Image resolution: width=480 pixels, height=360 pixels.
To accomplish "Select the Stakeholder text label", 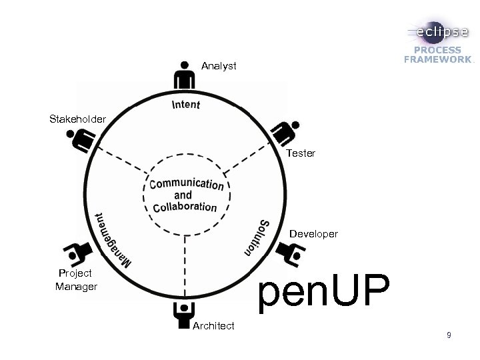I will click(77, 119).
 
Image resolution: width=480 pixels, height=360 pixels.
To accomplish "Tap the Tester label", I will click(301, 153).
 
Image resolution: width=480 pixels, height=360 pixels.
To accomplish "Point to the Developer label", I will click(313, 235).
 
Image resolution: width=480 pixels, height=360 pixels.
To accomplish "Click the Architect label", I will click(213, 325).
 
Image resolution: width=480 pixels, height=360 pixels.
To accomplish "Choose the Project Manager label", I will click(75, 279).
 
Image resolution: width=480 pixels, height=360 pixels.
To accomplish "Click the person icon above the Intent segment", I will click(184, 75).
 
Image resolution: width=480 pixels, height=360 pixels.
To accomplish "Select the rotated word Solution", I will click(257, 235).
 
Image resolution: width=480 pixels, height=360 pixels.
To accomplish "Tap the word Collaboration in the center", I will click(185, 206).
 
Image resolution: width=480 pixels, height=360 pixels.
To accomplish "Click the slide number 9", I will click(449, 335).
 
